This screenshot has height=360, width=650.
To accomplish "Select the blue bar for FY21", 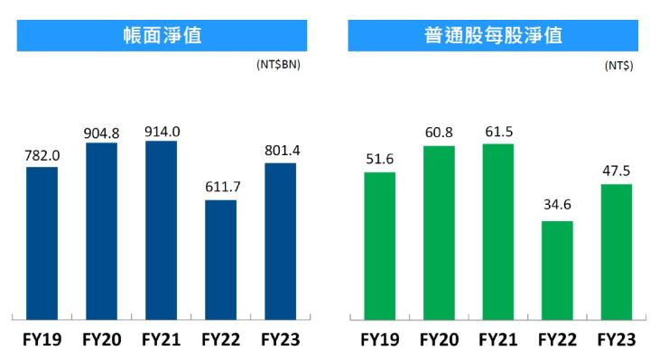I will [162, 229].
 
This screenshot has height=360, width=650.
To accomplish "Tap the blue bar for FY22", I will [221, 258].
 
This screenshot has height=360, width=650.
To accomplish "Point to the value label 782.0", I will [42, 156].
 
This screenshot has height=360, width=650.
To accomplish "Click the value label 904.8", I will [102, 132].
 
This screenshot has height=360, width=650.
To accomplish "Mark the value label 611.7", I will [221, 189].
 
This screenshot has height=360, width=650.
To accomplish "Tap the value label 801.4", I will [281, 152].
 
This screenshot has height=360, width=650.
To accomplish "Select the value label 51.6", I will [379, 160].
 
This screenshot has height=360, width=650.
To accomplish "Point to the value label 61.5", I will [497, 132].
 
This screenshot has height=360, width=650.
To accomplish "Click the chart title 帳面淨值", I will [162, 36].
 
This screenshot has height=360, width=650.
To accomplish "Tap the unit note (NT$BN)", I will [278, 66].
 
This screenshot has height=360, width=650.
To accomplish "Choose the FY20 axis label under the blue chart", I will [102, 340].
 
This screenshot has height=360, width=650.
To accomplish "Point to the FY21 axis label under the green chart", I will [497, 340].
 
